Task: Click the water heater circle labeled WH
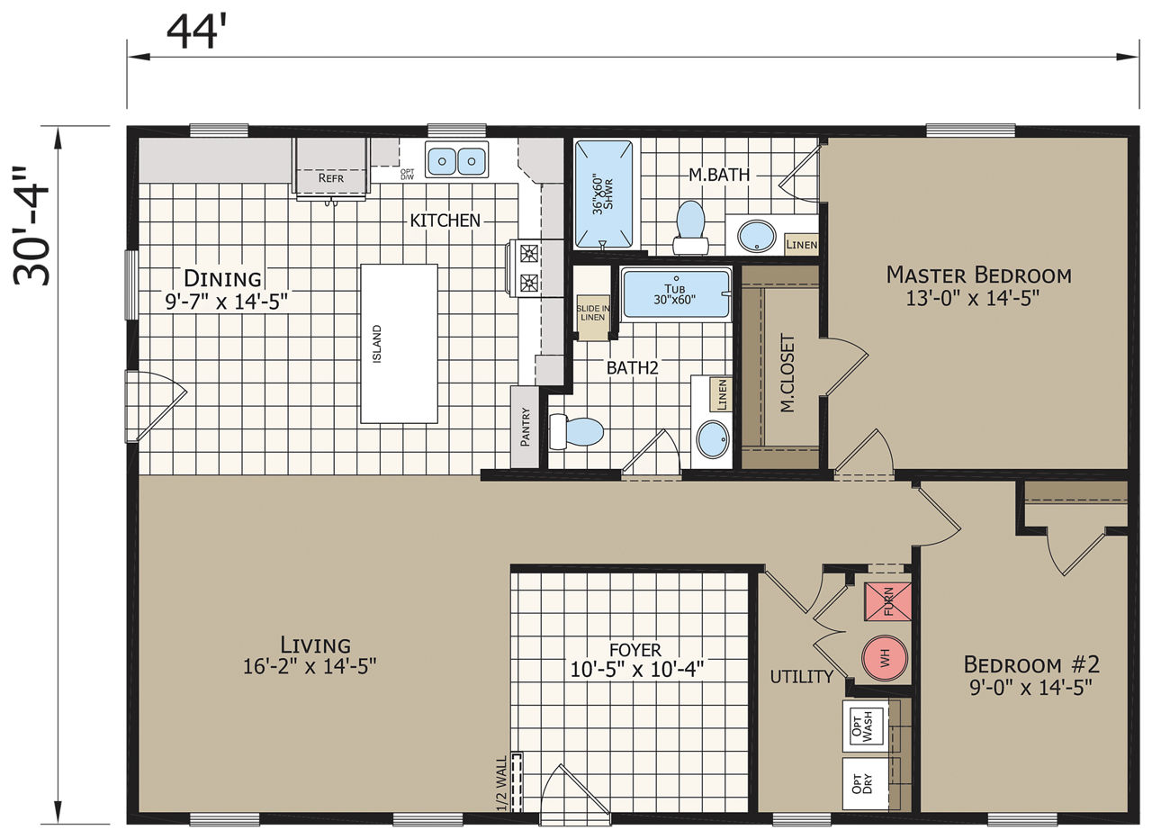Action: pyautogui.click(x=884, y=658)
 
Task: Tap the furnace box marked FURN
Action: pyautogui.click(x=888, y=601)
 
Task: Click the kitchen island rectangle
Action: pyautogui.click(x=399, y=344)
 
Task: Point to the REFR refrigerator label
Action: pyautogui.click(x=330, y=178)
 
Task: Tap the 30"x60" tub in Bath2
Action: pyautogui.click(x=676, y=293)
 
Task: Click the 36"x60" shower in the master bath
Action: pyautogui.click(x=603, y=194)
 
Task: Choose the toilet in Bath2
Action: pyautogui.click(x=576, y=431)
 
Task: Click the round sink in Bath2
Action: pyautogui.click(x=713, y=438)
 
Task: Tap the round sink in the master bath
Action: pyautogui.click(x=756, y=236)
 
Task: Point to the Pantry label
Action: pyautogui.click(x=525, y=427)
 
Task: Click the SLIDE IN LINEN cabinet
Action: pyautogui.click(x=593, y=318)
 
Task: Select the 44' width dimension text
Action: pyautogui.click(x=197, y=32)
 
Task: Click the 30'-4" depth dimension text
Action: pyautogui.click(x=31, y=226)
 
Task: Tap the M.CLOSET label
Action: pyautogui.click(x=787, y=373)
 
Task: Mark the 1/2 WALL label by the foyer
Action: pyautogui.click(x=502, y=783)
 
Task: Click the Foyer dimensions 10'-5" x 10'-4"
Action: pyautogui.click(x=636, y=669)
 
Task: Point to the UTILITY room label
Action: pyautogui.click(x=802, y=677)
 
